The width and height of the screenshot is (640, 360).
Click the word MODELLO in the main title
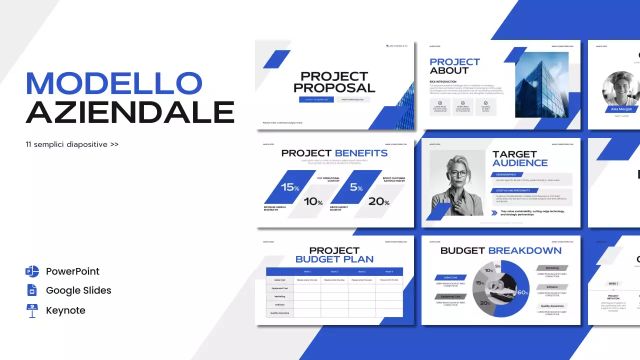114,83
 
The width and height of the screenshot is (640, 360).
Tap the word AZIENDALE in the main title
130,112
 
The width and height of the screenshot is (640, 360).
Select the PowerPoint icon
32,271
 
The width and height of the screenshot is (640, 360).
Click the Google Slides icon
32,290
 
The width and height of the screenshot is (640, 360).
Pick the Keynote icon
32,310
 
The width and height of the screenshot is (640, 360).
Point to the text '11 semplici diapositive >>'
72,144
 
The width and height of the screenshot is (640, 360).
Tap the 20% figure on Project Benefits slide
379,201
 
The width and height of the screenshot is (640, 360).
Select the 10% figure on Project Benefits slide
313,201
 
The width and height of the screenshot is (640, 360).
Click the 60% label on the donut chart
522,292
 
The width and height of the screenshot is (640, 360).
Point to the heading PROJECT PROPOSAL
334,82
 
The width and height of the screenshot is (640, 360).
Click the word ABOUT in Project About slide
449,70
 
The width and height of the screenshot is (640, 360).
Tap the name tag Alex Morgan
622,109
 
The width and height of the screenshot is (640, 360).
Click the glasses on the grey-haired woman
459,174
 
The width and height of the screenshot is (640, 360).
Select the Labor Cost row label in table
279,280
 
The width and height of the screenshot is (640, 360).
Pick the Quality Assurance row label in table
279,313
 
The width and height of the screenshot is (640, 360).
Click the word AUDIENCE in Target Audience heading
520,163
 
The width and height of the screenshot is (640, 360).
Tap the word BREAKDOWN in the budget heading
524,250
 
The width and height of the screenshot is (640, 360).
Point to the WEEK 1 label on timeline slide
613,283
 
